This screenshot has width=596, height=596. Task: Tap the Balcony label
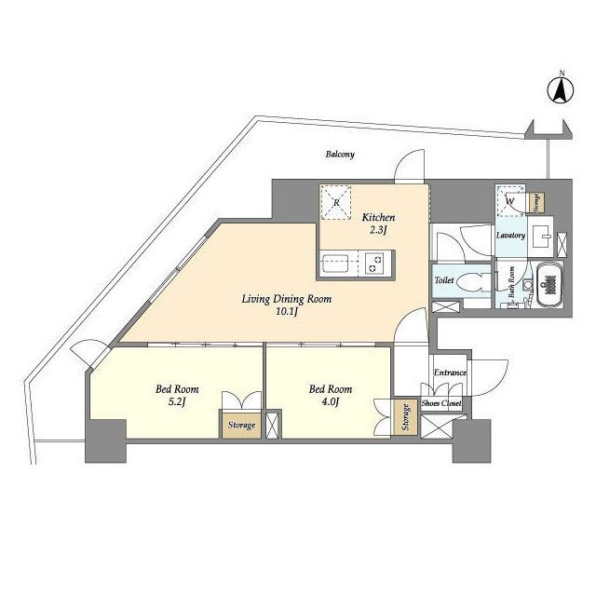[x=340, y=155]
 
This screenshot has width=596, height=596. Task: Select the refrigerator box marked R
[x=335, y=202]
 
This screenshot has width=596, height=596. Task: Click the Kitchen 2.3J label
[x=378, y=223]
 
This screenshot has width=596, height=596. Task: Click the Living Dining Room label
[x=287, y=299]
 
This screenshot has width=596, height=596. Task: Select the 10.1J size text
[x=287, y=312]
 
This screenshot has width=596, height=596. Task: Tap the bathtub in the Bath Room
[x=549, y=284]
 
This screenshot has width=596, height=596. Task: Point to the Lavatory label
[x=510, y=236]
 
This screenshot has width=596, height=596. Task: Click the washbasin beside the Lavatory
[x=540, y=237]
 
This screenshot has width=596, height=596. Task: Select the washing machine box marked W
[x=510, y=200]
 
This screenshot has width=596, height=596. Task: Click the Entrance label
[x=450, y=372]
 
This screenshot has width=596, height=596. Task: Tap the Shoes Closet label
[x=441, y=403]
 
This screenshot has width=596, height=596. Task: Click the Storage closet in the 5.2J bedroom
[x=241, y=425]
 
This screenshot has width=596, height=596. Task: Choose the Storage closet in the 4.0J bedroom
[x=406, y=417]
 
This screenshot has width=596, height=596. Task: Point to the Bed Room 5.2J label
[x=177, y=395]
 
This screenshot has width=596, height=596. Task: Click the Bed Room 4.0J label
[x=331, y=395]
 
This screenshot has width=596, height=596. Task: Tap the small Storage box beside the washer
[x=537, y=203]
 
